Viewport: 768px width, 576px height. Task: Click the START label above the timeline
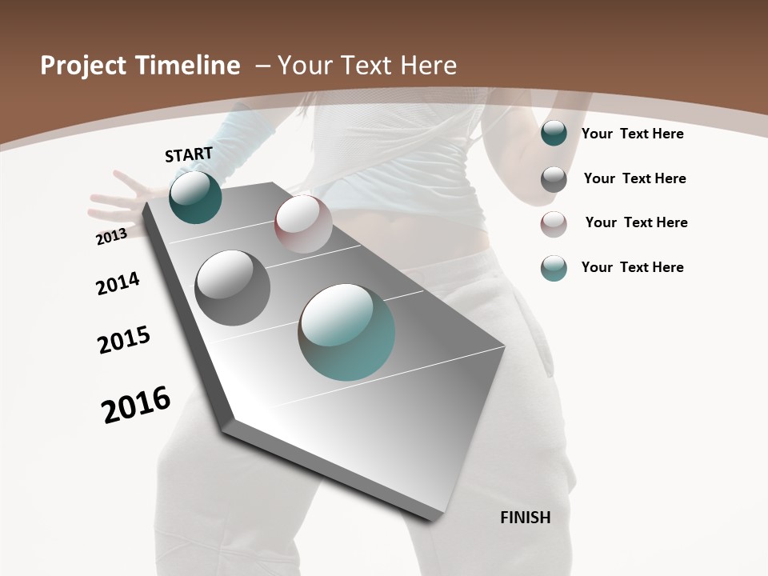pyautogui.click(x=189, y=154)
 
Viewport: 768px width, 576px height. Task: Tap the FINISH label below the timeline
pyautogui.click(x=525, y=518)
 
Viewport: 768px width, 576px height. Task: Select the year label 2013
pyautogui.click(x=111, y=236)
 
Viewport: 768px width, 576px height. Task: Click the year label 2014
pyautogui.click(x=118, y=283)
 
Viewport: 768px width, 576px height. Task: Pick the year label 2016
pyautogui.click(x=136, y=405)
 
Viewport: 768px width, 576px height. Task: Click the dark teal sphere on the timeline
pyautogui.click(x=195, y=197)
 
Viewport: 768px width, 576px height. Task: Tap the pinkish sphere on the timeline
pyautogui.click(x=303, y=223)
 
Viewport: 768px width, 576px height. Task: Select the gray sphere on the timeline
pyautogui.click(x=232, y=287)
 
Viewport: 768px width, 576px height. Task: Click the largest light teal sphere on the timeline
pyautogui.click(x=346, y=331)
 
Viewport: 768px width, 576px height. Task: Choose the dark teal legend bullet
pyautogui.click(x=554, y=134)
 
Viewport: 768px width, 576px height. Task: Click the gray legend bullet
pyautogui.click(x=554, y=179)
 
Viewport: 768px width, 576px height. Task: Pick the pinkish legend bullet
pyautogui.click(x=554, y=224)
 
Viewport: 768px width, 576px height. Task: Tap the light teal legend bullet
pyautogui.click(x=554, y=268)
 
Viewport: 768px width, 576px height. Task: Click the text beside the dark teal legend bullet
pyautogui.click(x=632, y=134)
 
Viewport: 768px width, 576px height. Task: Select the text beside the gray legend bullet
pyautogui.click(x=634, y=178)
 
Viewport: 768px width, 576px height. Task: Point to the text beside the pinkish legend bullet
pyautogui.click(x=636, y=222)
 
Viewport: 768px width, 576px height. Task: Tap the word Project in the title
pyautogui.click(x=81, y=66)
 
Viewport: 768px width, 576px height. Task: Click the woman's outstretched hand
pyautogui.click(x=116, y=200)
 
